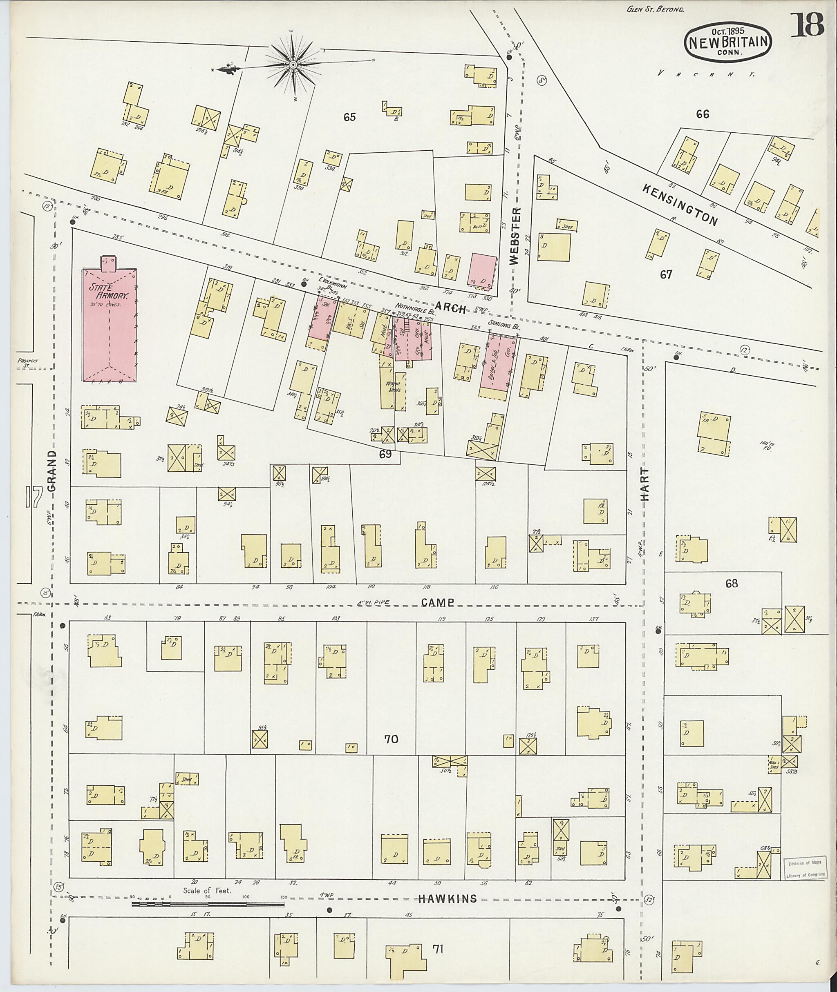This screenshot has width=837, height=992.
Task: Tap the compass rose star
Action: tap(293, 65)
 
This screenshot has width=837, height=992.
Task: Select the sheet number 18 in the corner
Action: tap(807, 26)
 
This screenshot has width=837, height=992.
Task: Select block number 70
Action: tap(392, 739)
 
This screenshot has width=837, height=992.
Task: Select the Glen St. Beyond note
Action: tap(655, 9)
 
